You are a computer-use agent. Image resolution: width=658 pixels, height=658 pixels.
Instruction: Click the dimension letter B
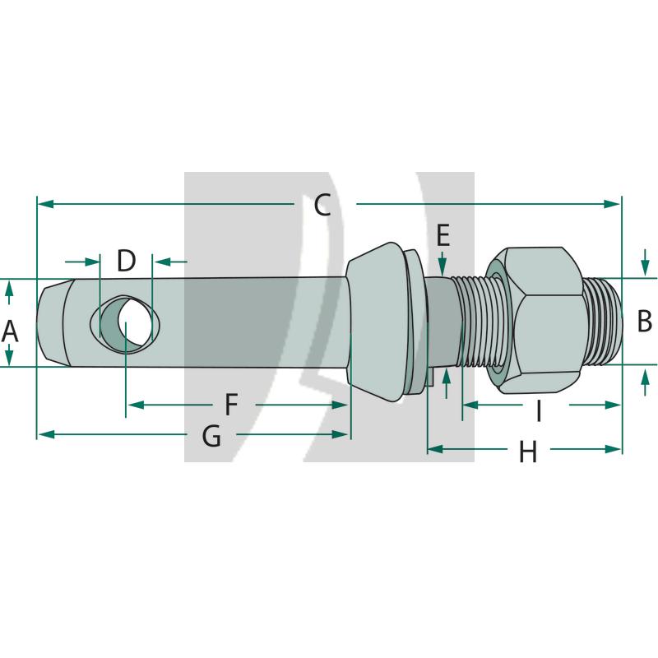point(644,321)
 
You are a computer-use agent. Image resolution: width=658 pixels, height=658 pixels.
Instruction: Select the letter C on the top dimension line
point(322,205)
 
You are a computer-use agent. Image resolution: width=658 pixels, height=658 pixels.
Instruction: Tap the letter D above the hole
point(125,262)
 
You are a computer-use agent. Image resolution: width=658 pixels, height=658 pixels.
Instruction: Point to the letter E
point(443,236)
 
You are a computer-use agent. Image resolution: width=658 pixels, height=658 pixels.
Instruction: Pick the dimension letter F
point(231,405)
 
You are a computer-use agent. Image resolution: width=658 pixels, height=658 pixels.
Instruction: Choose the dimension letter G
point(211,435)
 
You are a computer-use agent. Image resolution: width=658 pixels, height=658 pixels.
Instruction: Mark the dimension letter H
point(527,451)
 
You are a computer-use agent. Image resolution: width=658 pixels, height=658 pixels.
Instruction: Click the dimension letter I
point(539,410)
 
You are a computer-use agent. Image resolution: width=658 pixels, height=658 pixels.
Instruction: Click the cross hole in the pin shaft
point(127,325)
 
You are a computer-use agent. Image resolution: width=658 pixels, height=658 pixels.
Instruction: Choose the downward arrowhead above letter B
point(645,267)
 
